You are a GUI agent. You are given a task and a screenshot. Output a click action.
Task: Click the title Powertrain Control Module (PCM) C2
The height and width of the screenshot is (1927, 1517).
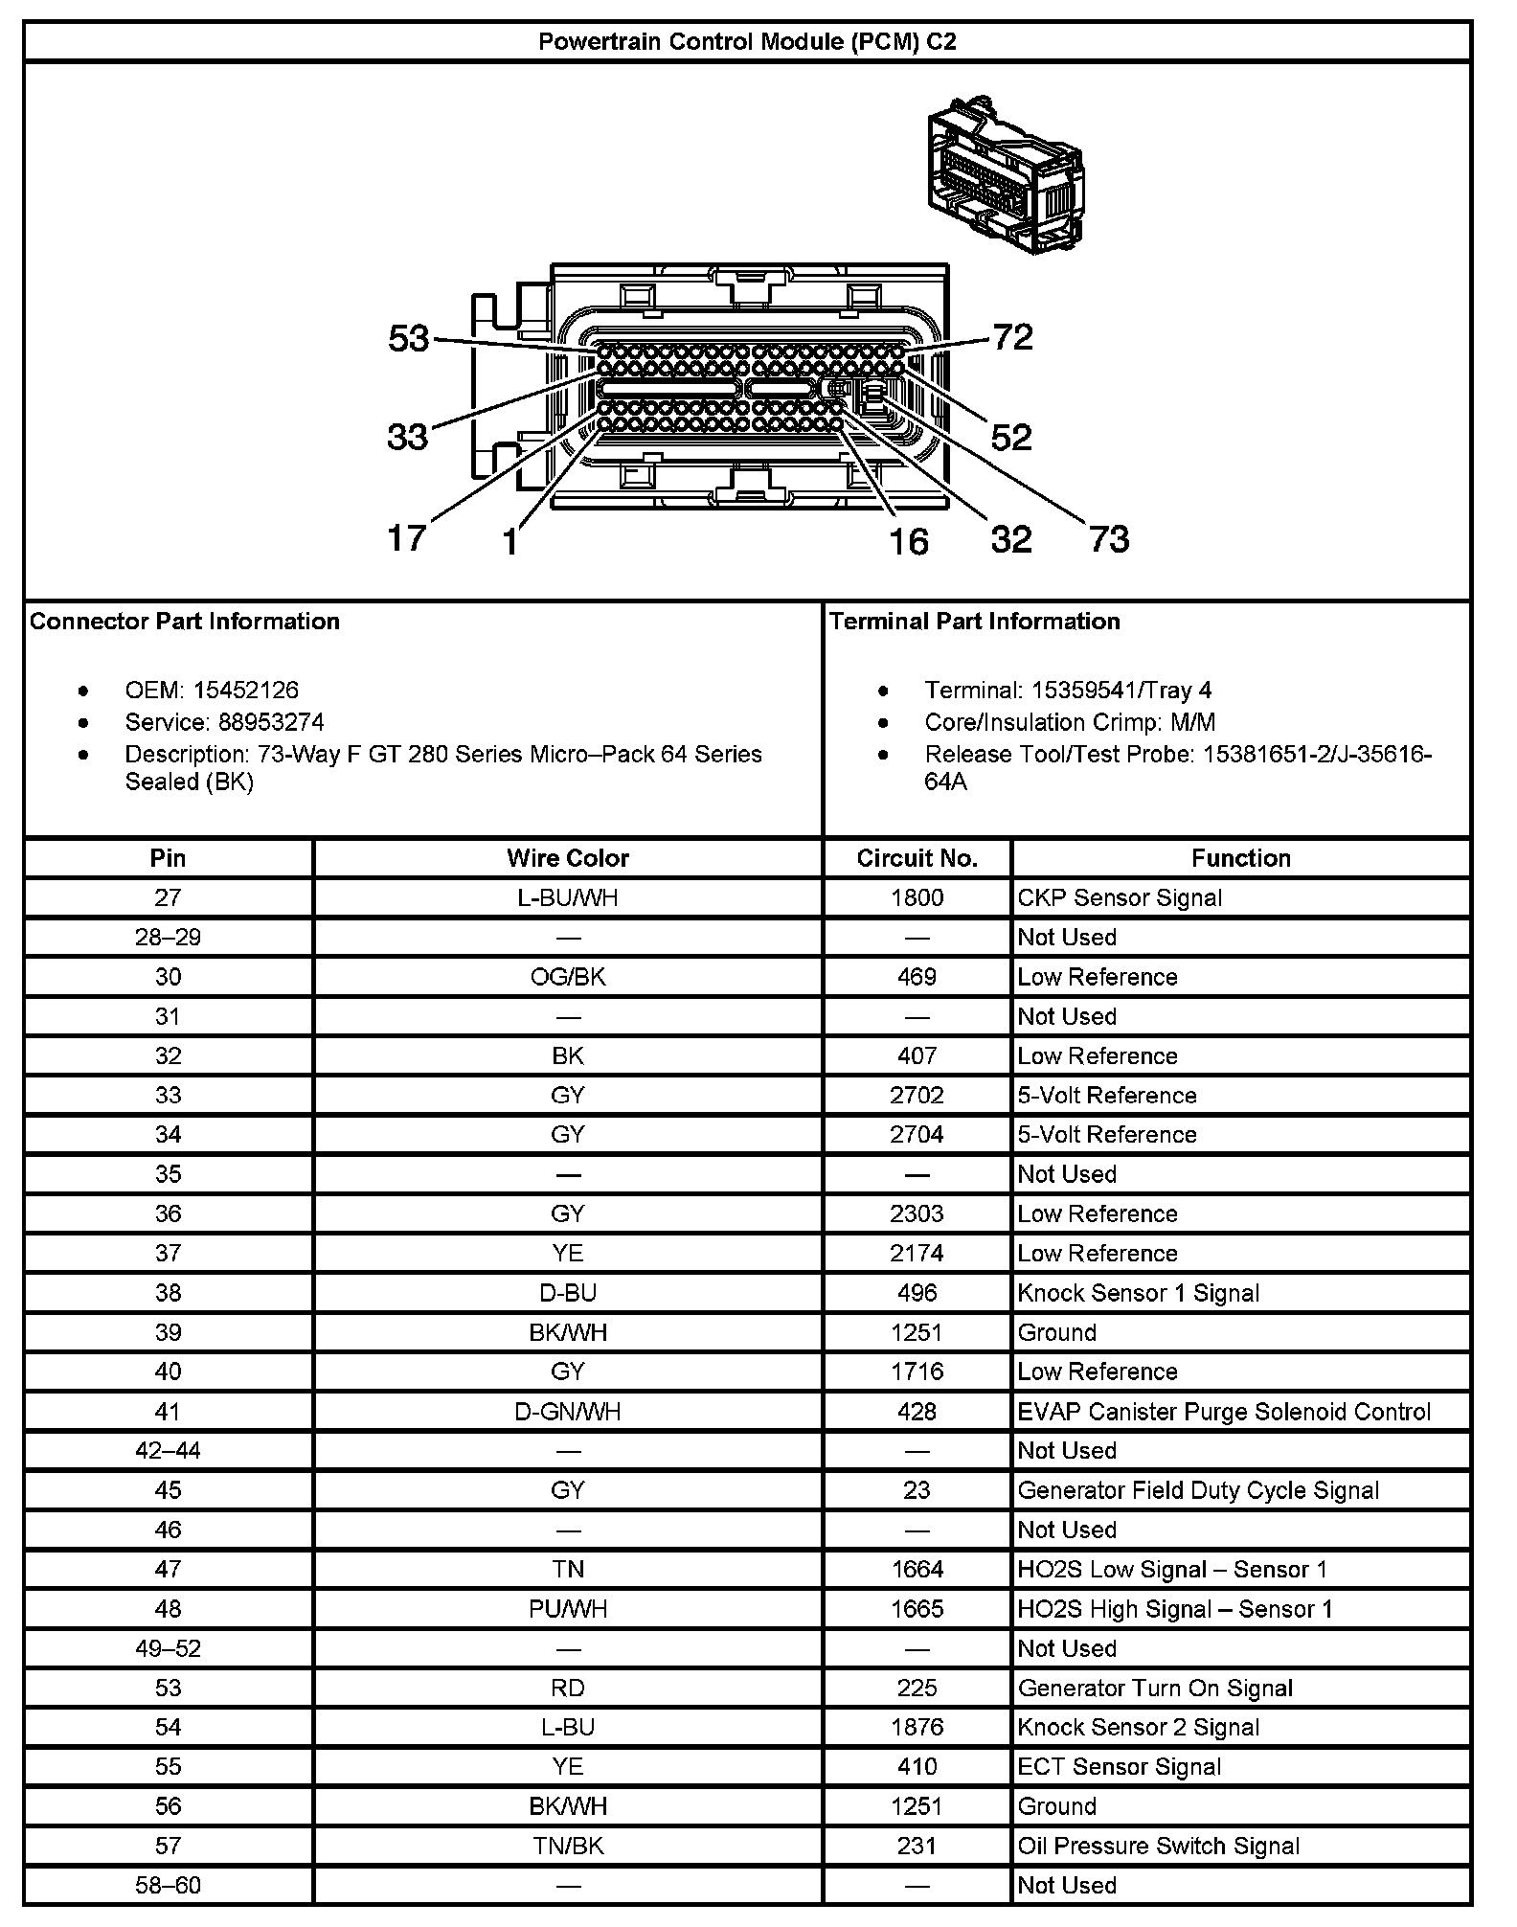(747, 42)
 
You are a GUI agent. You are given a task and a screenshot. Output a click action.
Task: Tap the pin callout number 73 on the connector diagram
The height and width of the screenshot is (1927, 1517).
(1109, 538)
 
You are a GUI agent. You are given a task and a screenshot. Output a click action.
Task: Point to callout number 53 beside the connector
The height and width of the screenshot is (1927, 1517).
(409, 338)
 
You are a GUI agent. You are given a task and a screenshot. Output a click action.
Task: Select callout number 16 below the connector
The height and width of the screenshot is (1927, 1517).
(908, 541)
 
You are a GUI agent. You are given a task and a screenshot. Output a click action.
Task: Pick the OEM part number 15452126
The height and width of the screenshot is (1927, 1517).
(245, 691)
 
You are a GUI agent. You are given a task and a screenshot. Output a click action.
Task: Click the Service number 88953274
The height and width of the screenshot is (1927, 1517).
(259, 722)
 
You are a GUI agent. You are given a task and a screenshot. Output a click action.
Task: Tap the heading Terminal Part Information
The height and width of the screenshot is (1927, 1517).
(975, 622)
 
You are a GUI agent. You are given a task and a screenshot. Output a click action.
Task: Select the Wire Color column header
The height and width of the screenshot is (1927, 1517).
(568, 858)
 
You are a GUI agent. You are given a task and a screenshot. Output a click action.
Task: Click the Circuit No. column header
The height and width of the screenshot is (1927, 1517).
(917, 858)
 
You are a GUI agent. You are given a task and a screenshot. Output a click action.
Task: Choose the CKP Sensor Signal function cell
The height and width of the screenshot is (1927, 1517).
(1120, 898)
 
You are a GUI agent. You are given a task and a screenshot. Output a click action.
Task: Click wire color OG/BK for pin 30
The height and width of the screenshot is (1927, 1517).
(568, 977)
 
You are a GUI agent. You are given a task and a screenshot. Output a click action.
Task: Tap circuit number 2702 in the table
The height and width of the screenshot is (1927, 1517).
(917, 1096)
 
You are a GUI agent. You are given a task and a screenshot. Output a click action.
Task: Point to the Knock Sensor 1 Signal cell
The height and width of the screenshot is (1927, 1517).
(1139, 1293)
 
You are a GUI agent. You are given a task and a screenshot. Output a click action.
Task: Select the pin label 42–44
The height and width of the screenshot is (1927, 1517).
(169, 1451)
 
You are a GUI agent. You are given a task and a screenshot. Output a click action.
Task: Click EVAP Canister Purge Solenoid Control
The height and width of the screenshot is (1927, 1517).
(1224, 1412)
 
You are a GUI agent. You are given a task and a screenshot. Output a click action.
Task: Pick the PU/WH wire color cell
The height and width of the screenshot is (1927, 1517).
(568, 1609)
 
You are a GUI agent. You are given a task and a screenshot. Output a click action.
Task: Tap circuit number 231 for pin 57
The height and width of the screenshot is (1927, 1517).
(917, 1847)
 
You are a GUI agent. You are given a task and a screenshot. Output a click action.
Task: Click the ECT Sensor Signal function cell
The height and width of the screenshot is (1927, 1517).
(1120, 1767)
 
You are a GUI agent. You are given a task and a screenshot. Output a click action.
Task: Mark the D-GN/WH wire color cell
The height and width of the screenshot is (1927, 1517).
(568, 1412)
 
